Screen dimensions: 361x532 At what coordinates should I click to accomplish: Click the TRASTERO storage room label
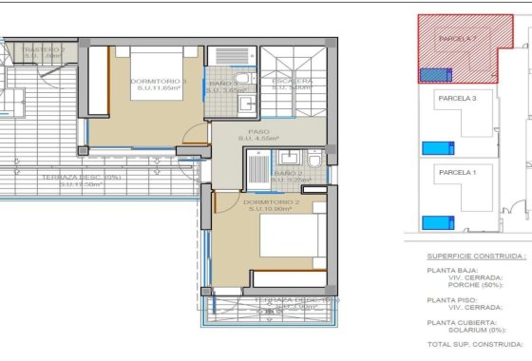pyautogui.click(x=42, y=49)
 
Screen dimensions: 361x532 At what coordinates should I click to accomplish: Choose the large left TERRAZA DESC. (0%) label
pyautogui.click(x=81, y=177)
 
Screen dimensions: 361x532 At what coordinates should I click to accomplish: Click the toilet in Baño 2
pyautogui.click(x=314, y=159)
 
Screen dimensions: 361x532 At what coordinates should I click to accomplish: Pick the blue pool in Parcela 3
pyautogui.click(x=437, y=147)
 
